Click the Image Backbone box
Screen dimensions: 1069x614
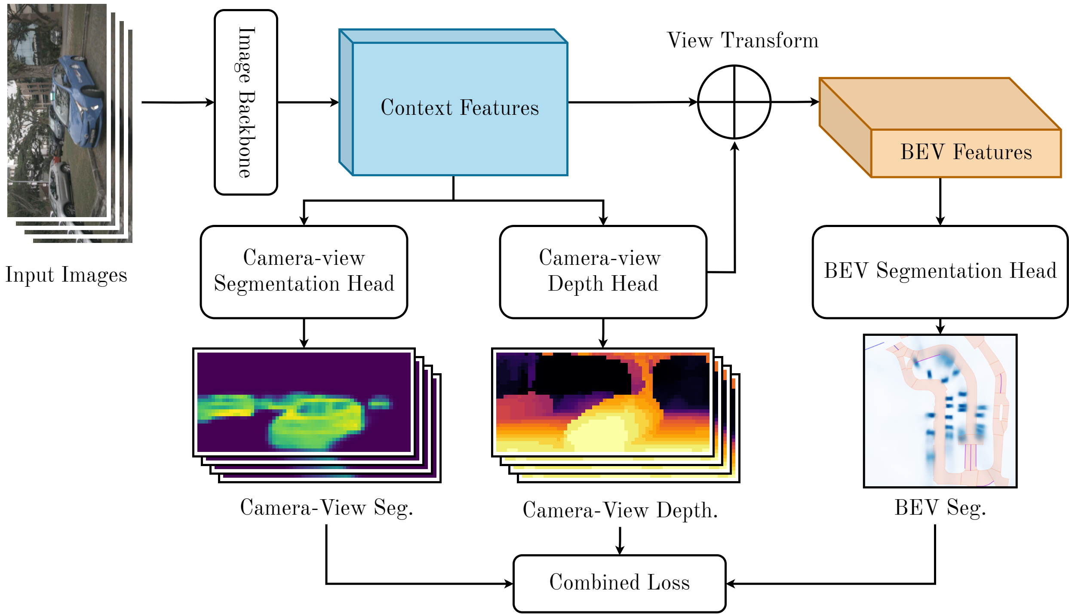[246, 102]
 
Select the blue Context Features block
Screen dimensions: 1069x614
[454, 102]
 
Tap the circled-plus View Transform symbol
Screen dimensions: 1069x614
[734, 102]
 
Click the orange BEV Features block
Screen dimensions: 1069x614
[940, 127]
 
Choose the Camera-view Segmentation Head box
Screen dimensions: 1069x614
[304, 272]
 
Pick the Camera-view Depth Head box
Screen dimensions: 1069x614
[603, 272]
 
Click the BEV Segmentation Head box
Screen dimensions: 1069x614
[940, 272]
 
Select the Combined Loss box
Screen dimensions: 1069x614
[620, 583]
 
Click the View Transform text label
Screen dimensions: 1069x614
[743, 40]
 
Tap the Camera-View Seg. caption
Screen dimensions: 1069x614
[327, 508]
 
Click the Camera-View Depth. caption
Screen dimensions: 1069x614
[620, 511]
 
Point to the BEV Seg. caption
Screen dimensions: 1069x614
[940, 508]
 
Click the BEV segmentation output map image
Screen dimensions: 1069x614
[940, 411]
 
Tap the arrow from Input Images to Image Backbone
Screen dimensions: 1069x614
[178, 102]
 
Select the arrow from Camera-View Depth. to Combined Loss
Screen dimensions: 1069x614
[620, 541]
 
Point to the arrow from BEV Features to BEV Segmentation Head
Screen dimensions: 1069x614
[940, 202]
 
